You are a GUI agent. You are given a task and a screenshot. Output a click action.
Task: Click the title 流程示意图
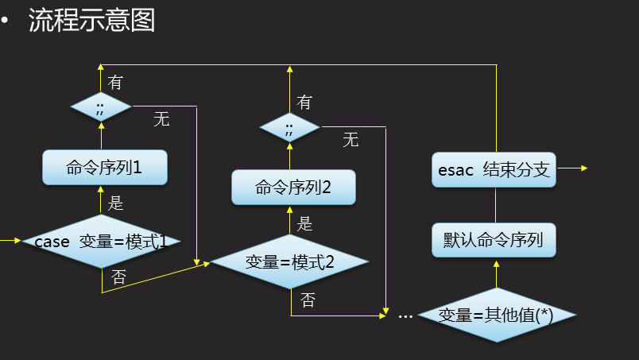[x=91, y=21]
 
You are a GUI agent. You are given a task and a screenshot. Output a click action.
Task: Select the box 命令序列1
[x=105, y=168]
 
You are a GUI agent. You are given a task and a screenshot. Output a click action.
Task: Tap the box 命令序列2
[x=293, y=188]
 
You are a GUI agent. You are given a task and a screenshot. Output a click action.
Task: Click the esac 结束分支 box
[x=494, y=170]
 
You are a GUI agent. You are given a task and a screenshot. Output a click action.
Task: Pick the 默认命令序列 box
[x=494, y=238]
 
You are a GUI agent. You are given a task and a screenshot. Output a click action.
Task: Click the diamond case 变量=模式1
[x=101, y=241]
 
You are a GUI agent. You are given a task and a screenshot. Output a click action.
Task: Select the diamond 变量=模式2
[x=289, y=261]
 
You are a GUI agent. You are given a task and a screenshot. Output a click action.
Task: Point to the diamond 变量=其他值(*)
[x=497, y=315]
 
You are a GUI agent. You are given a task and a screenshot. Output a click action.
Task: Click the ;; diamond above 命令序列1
[x=100, y=106]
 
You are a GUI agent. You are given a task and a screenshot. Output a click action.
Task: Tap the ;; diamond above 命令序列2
[x=289, y=127]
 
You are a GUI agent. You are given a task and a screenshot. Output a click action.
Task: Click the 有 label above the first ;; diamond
[x=116, y=83]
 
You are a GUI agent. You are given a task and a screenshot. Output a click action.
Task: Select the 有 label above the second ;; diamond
[x=304, y=103]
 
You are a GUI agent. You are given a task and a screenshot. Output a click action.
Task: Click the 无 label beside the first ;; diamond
[x=161, y=120]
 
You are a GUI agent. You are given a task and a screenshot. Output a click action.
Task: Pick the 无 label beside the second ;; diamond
[x=350, y=141]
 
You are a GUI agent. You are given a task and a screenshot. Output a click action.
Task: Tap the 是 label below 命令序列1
[x=116, y=203]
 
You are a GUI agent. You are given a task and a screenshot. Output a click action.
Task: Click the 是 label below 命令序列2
[x=305, y=224]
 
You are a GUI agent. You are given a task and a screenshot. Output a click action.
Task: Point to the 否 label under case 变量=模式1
[x=118, y=277]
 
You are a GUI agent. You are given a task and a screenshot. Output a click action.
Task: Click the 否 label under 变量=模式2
[x=308, y=300]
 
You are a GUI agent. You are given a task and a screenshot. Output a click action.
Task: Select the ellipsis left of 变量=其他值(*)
[x=405, y=315]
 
